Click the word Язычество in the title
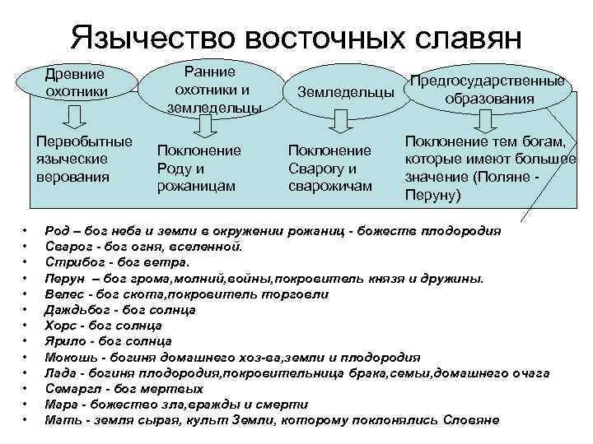tap(147, 37)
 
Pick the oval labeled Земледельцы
tap(345, 92)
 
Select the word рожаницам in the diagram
tap(196, 187)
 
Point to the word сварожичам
tap(330, 187)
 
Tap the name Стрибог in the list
tap(71, 261)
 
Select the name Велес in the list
tap(63, 294)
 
